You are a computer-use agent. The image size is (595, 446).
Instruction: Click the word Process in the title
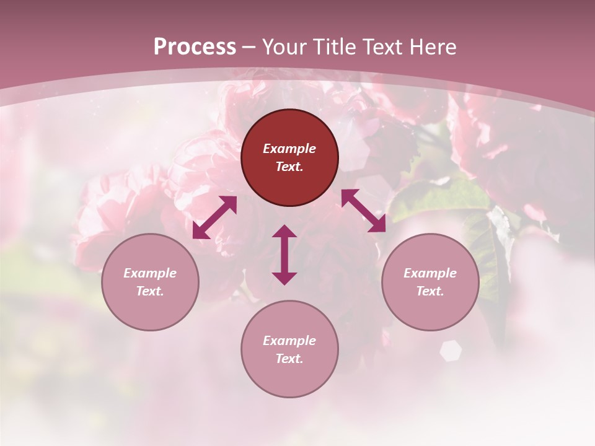click(x=195, y=47)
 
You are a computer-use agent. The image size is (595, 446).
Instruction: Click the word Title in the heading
click(x=335, y=47)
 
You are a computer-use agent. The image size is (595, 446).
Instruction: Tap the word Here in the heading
click(x=433, y=47)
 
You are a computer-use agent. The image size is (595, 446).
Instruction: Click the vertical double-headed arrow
click(x=284, y=255)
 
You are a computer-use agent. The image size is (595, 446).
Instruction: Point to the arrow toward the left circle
click(x=214, y=217)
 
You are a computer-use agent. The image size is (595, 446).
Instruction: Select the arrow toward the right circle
click(x=363, y=211)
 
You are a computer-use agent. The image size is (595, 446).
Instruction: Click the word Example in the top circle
click(x=289, y=149)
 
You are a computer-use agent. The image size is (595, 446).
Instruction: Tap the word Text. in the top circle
click(x=289, y=167)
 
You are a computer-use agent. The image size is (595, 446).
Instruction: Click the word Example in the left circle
click(x=150, y=273)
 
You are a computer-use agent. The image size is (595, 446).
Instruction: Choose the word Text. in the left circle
click(x=150, y=291)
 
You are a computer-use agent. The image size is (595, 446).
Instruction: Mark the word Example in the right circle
click(x=430, y=273)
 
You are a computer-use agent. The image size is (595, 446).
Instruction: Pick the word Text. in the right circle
click(x=430, y=291)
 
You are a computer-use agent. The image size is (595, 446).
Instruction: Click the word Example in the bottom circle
click(x=289, y=341)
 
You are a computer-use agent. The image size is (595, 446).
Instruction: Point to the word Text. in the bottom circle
click(x=289, y=359)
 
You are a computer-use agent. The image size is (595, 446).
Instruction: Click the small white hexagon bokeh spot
click(x=451, y=351)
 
